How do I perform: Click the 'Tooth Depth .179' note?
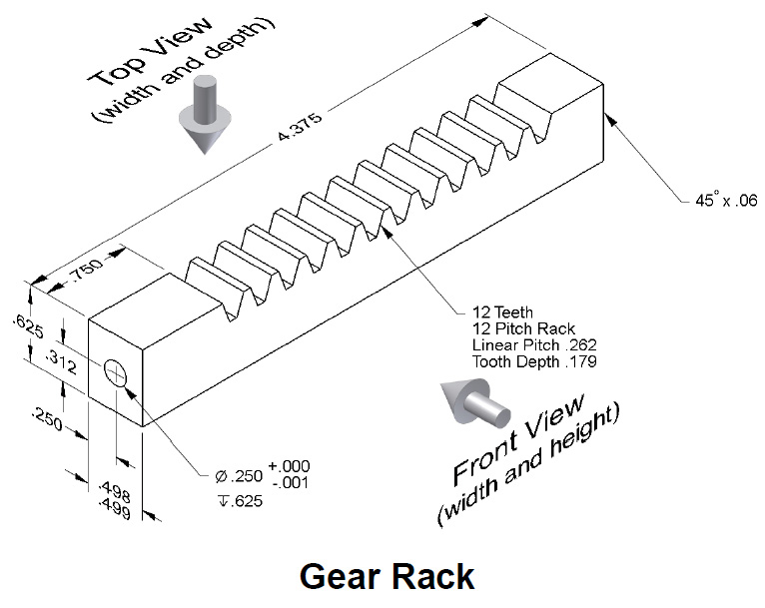[534, 361]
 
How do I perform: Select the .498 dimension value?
[117, 487]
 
